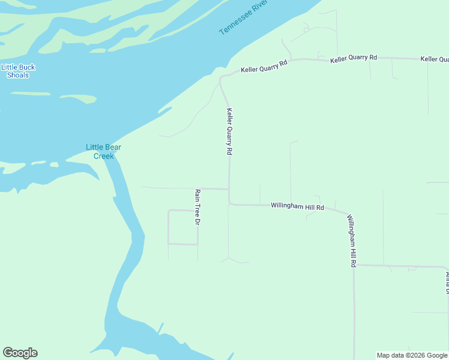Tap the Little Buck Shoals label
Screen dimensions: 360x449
pyautogui.click(x=18, y=71)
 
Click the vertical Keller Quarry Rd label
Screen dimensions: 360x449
pyautogui.click(x=229, y=131)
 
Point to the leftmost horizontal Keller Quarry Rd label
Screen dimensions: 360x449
pyautogui.click(x=264, y=66)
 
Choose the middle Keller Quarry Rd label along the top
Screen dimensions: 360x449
pyautogui.click(x=354, y=58)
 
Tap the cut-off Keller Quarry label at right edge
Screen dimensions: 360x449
pyautogui.click(x=435, y=59)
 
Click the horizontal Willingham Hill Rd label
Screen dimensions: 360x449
pyautogui.click(x=297, y=206)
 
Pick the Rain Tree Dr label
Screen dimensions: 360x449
pyautogui.click(x=197, y=206)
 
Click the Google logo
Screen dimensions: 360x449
pyautogui.click(x=20, y=353)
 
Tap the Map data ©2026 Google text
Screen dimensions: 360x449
pyautogui.click(x=411, y=355)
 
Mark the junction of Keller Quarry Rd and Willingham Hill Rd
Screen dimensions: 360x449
pyautogui.click(x=229, y=204)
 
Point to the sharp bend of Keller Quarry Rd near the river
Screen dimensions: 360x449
pyautogui.click(x=221, y=79)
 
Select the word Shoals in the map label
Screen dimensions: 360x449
pyautogui.click(x=18, y=75)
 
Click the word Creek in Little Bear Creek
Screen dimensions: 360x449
pyautogui.click(x=103, y=156)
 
